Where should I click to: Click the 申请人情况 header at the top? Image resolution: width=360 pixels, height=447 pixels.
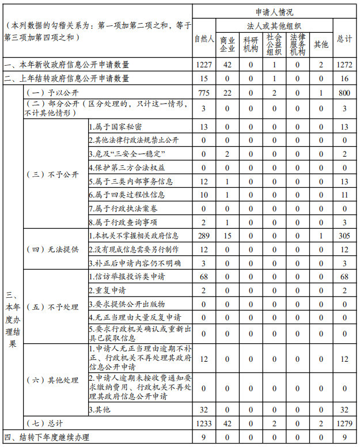[x=275, y=12]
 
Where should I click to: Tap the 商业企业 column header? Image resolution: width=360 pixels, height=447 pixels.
[x=228, y=44]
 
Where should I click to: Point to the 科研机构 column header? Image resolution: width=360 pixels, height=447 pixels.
[x=251, y=44]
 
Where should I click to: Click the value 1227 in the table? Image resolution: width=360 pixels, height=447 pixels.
[x=204, y=65]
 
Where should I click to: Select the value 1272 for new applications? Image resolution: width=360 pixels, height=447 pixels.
[x=344, y=65]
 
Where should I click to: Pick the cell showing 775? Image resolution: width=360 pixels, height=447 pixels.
[x=204, y=93]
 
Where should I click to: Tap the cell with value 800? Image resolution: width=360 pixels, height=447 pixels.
[x=344, y=93]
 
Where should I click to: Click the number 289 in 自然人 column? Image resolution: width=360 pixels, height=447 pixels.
[x=204, y=236]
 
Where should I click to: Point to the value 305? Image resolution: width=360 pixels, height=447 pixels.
[x=344, y=236]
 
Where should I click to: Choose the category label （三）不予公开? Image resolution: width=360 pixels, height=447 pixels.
[x=53, y=175]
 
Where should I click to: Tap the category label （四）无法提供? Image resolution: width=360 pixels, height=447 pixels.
[x=53, y=249]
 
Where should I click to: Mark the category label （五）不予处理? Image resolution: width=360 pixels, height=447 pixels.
[x=53, y=307]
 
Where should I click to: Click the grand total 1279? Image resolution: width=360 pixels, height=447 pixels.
[x=344, y=423]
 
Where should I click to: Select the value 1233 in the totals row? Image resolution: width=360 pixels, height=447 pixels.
[x=204, y=423]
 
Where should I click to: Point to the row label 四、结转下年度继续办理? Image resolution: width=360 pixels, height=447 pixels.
[x=47, y=437]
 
